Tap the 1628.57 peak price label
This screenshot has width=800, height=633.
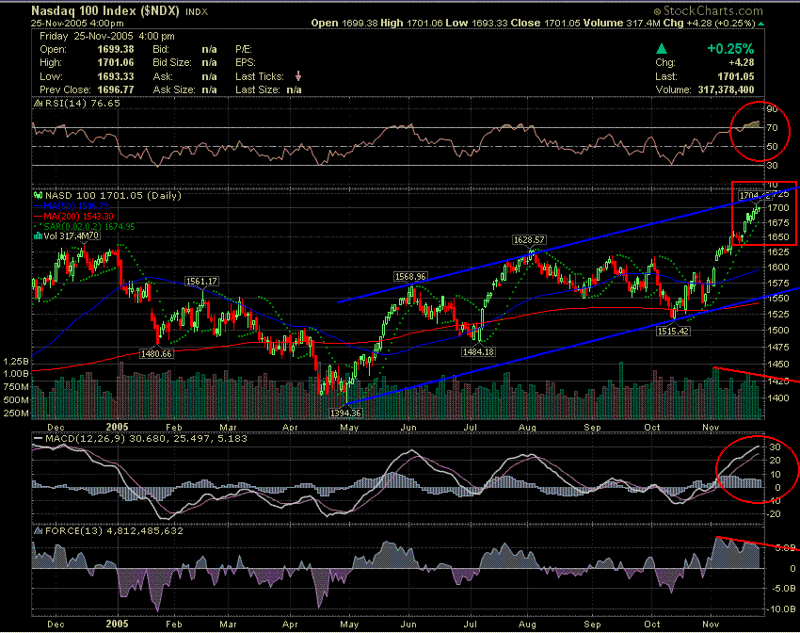click(x=530, y=240)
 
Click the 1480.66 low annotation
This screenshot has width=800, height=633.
click(x=156, y=353)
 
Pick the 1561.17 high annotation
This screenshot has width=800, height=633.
click(x=202, y=281)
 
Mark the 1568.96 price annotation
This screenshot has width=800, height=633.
click(x=411, y=276)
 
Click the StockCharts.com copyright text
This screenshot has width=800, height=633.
click(x=748, y=8)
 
